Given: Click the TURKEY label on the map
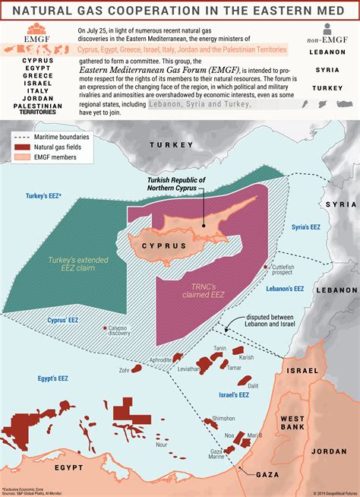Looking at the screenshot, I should coord(172,144).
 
